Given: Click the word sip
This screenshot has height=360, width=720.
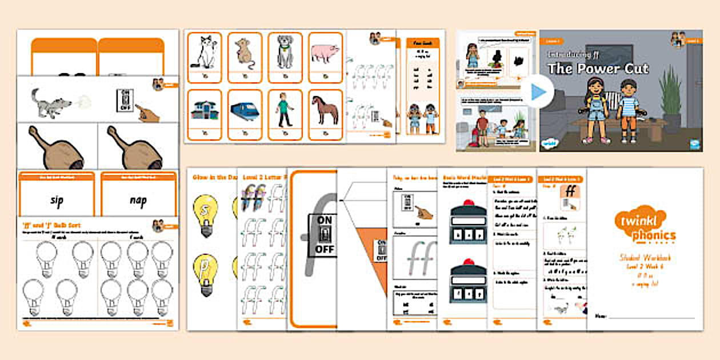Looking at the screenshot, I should (56, 201).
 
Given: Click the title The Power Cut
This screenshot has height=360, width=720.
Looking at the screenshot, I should (598, 69).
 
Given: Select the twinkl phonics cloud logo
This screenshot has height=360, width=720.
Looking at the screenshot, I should (645, 225).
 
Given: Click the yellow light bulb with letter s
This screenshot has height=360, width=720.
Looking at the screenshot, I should (206, 214).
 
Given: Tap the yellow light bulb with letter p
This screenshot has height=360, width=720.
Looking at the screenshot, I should (206, 271).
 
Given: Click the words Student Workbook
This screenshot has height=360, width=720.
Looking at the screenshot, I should (645, 258).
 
